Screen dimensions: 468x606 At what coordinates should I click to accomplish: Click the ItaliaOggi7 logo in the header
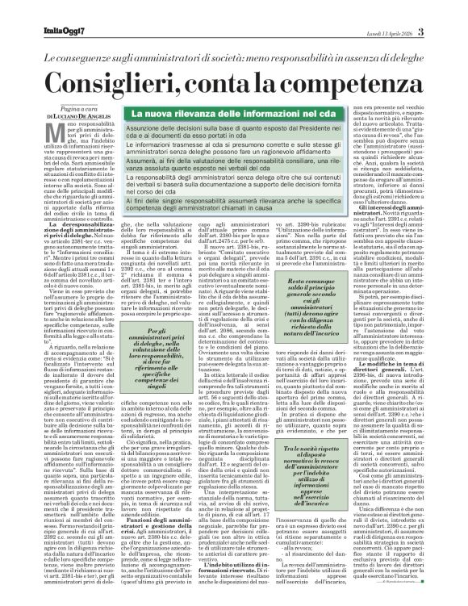(42, 10)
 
